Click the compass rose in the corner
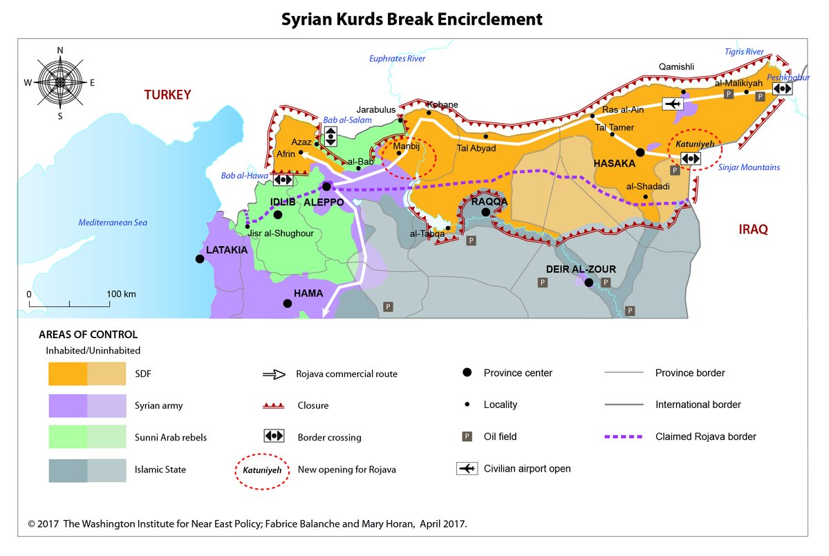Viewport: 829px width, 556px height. coord(60,82)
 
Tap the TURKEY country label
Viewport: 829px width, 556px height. coord(167,95)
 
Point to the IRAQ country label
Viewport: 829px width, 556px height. coord(752,230)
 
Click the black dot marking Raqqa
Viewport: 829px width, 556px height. coord(486,212)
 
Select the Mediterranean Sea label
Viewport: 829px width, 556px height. coord(113,223)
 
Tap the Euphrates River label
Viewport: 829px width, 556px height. coord(397,59)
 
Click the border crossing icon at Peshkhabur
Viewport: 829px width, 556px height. coord(781,89)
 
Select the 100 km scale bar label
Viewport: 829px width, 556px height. coord(122,294)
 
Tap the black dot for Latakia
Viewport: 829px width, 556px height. coord(200,259)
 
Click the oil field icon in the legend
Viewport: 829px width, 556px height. coord(467,436)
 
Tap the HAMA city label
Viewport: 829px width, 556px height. coord(308,293)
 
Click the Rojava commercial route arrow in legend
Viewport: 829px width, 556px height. coord(274,374)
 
